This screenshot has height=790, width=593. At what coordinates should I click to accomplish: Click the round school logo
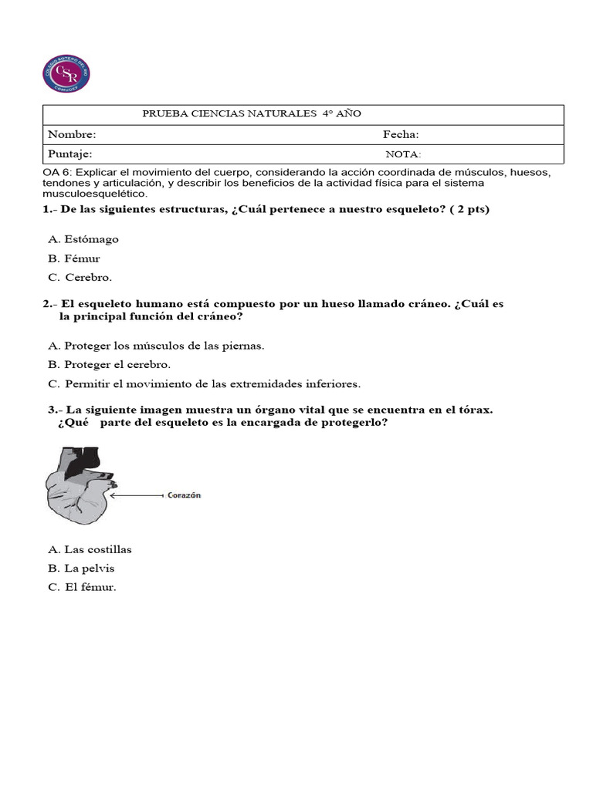tap(66, 74)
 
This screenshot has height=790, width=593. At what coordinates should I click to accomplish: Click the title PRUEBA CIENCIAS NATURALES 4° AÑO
tap(252, 114)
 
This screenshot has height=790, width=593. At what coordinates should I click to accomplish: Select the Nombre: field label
tap(72, 134)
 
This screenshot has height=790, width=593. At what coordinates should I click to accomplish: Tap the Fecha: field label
tap(401, 134)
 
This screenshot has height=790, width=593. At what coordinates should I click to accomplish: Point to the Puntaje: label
tap(70, 154)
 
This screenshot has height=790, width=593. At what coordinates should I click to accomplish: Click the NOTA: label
tap(403, 154)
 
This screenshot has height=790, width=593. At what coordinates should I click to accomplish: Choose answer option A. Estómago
tap(83, 239)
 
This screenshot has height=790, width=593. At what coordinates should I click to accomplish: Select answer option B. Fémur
tap(74, 258)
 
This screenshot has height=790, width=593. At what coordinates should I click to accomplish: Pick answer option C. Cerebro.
tap(80, 277)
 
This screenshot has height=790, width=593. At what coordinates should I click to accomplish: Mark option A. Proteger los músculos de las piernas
tap(156, 346)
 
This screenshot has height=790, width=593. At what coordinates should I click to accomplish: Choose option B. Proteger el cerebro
tap(109, 364)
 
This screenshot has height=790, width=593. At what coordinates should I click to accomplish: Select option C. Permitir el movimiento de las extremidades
tap(204, 383)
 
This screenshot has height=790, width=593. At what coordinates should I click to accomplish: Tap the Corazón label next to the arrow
tap(185, 496)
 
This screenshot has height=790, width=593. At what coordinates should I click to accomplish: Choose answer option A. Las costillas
tap(90, 549)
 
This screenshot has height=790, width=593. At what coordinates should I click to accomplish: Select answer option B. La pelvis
tap(81, 569)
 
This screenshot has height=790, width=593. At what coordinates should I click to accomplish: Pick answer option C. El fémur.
tap(82, 587)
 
